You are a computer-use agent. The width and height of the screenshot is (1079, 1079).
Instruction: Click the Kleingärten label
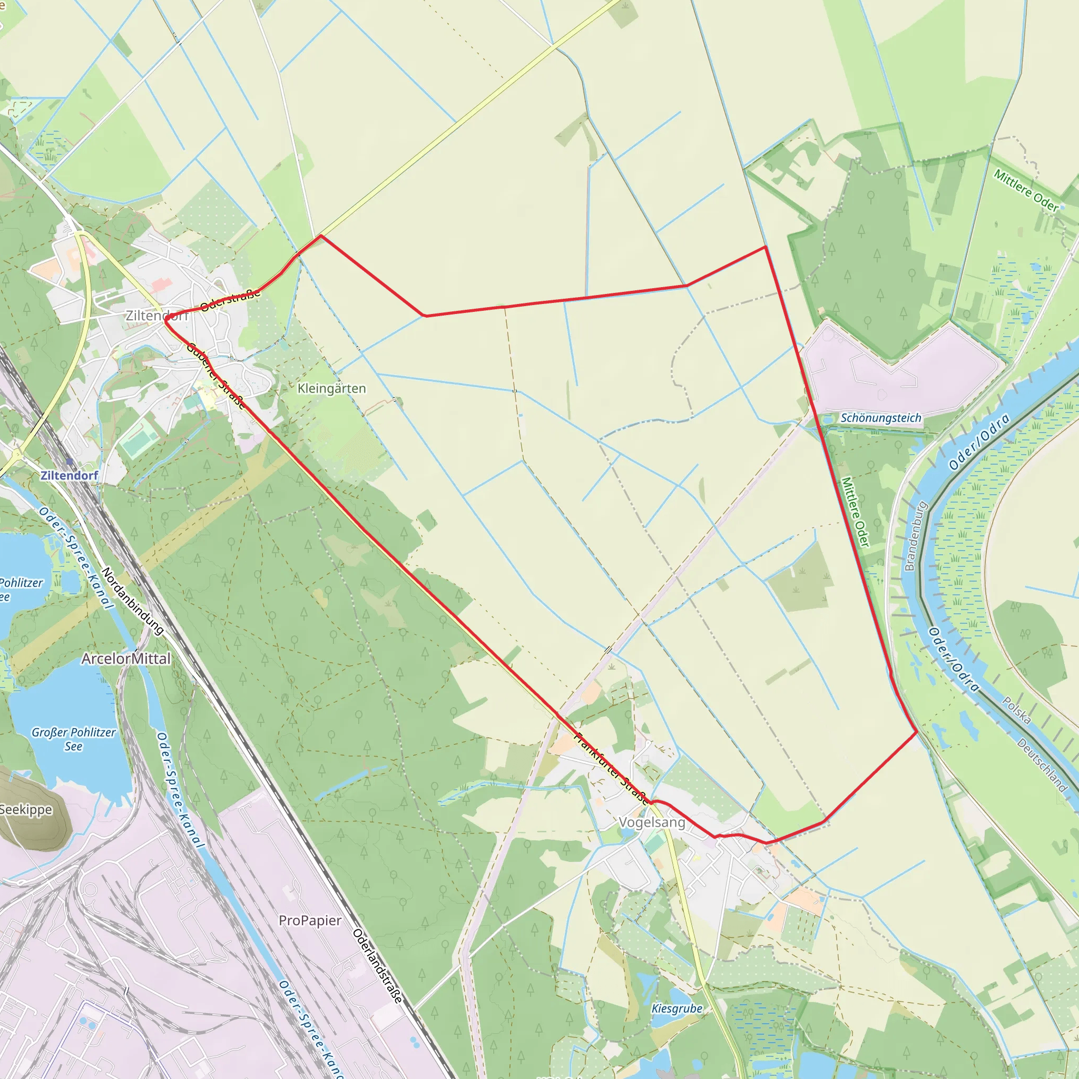click(x=331, y=389)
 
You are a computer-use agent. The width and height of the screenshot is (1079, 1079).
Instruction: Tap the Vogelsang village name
click(x=652, y=822)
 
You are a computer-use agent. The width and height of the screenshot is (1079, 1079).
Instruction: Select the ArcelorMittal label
click(x=126, y=659)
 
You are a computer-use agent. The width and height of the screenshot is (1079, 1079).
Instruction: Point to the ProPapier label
click(x=310, y=920)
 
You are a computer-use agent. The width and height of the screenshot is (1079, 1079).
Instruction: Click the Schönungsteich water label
click(x=881, y=418)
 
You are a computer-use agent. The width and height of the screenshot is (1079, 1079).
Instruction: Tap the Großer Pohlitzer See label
click(x=73, y=739)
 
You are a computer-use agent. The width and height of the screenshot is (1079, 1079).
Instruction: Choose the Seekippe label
click(x=26, y=809)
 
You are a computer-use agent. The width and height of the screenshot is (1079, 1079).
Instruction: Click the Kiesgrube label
click(x=677, y=1008)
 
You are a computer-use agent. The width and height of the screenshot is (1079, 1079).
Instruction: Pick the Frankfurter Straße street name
click(x=611, y=769)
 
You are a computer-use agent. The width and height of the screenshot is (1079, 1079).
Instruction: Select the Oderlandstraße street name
click(x=378, y=966)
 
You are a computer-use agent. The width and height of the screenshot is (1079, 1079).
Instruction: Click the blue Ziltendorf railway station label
click(x=69, y=475)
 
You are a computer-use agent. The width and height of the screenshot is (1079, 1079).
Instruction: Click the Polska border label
click(x=1016, y=710)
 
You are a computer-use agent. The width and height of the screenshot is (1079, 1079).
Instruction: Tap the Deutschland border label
click(x=1042, y=765)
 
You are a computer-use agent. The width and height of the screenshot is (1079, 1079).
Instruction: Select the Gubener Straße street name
click(x=215, y=376)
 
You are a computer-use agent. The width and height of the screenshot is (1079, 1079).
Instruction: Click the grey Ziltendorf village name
click(x=155, y=316)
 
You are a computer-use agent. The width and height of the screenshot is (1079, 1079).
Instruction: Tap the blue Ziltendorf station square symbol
click(x=69, y=462)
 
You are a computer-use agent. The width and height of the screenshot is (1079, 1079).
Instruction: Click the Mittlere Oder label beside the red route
click(x=855, y=512)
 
